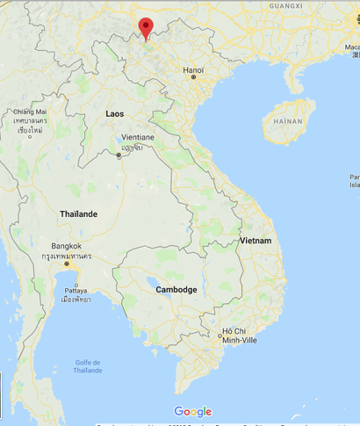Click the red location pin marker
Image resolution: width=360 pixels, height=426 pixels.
[x=146, y=27]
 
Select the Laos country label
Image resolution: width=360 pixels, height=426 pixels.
[x=115, y=114]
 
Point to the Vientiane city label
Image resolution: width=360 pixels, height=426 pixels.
[x=138, y=137]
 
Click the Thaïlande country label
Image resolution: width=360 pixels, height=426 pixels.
[x=79, y=213]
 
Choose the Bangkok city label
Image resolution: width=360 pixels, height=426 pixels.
[x=67, y=246]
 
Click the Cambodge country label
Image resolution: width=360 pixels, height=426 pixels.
[x=176, y=289]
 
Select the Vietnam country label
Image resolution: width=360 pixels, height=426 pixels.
[x=256, y=240]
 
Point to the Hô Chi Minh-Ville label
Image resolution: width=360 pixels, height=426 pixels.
[x=234, y=335]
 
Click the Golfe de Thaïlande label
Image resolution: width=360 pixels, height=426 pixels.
[x=87, y=366]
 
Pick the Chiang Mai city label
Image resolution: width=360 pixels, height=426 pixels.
[x=30, y=112]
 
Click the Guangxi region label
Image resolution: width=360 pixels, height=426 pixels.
[x=285, y=5]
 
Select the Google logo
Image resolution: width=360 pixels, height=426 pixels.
[x=192, y=411]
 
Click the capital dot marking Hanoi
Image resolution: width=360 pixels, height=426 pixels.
[x=194, y=77]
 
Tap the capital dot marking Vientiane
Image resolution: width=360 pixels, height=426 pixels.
[x=119, y=155]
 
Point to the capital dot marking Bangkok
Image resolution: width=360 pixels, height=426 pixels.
[x=67, y=264]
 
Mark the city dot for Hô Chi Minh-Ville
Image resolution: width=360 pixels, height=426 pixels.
[x=220, y=336]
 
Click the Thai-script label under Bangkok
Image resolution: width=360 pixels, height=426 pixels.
[x=67, y=256]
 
